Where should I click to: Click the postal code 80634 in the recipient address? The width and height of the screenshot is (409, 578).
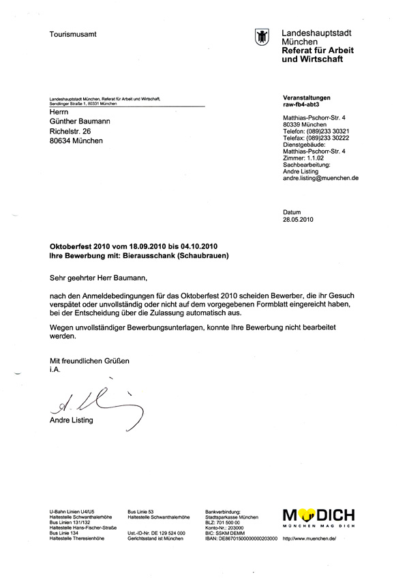click(x=63, y=141)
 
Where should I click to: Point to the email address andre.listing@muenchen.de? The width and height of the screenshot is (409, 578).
click(x=320, y=177)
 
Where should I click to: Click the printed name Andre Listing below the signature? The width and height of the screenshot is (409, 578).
click(x=72, y=420)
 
